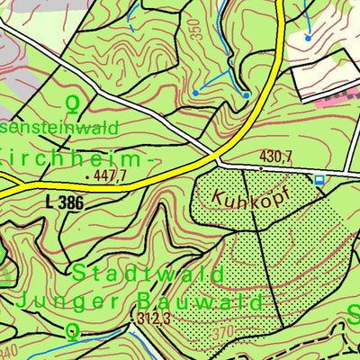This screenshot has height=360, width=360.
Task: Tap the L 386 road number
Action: point(63,203)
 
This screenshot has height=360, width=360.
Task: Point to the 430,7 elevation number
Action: point(276,157)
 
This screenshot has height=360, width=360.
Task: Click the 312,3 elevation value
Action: point(155,319)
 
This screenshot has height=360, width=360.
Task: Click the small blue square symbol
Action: point(319,180)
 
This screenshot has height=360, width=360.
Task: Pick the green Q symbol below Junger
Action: point(72,332)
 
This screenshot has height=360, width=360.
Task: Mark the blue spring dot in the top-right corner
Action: point(308,38)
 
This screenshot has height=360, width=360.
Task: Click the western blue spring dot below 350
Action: point(194,93)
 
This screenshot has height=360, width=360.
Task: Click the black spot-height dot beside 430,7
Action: point(261,167)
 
